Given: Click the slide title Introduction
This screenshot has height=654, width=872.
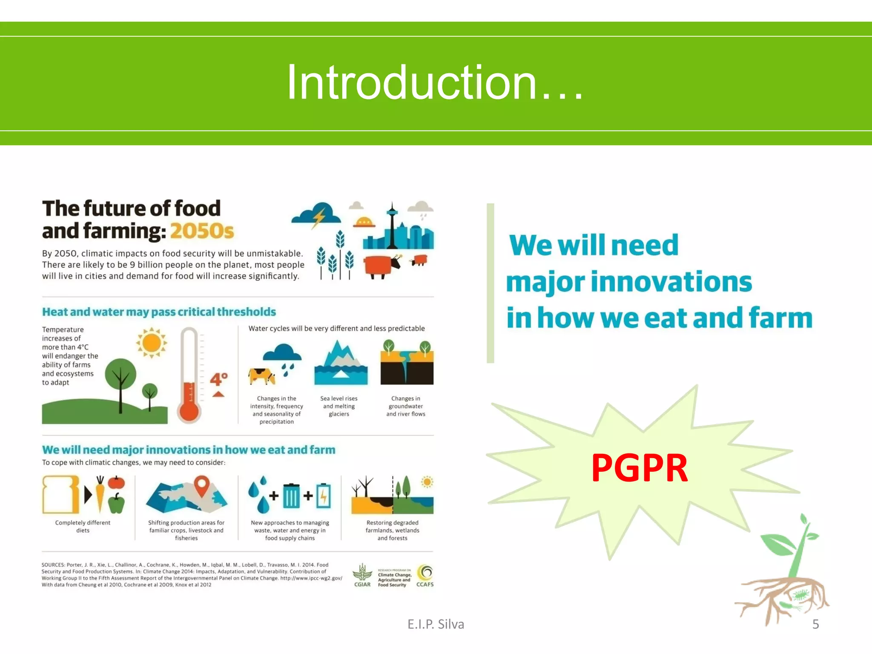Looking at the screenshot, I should [x=435, y=82].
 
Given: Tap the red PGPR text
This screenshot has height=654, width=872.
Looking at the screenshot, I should [x=640, y=468].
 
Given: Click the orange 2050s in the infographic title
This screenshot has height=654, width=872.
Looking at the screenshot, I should [x=202, y=231].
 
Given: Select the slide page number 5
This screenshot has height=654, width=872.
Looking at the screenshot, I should [x=815, y=624].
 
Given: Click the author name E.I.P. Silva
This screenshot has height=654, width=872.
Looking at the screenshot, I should [x=436, y=624].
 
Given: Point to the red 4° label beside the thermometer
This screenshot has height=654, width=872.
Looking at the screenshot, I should [x=219, y=379].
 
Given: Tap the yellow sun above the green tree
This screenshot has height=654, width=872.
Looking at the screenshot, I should [x=151, y=343].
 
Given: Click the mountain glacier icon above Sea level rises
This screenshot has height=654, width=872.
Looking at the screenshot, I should [x=341, y=362].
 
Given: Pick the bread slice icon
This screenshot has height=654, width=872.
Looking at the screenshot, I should [x=60, y=494].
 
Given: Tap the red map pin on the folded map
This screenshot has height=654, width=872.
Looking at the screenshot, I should [x=202, y=485].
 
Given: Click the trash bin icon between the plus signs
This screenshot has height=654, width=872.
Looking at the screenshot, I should [x=292, y=496].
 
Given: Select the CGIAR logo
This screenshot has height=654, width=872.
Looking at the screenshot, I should [x=362, y=575].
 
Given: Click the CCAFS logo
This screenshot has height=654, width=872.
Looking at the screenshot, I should [x=425, y=576].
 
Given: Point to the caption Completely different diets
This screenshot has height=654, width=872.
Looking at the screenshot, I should [x=83, y=526].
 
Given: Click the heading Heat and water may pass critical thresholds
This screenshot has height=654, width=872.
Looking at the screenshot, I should [x=159, y=312].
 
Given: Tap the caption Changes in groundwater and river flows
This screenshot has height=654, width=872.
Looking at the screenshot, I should [x=406, y=406].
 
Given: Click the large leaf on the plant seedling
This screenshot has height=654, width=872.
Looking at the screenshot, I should [x=778, y=544].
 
